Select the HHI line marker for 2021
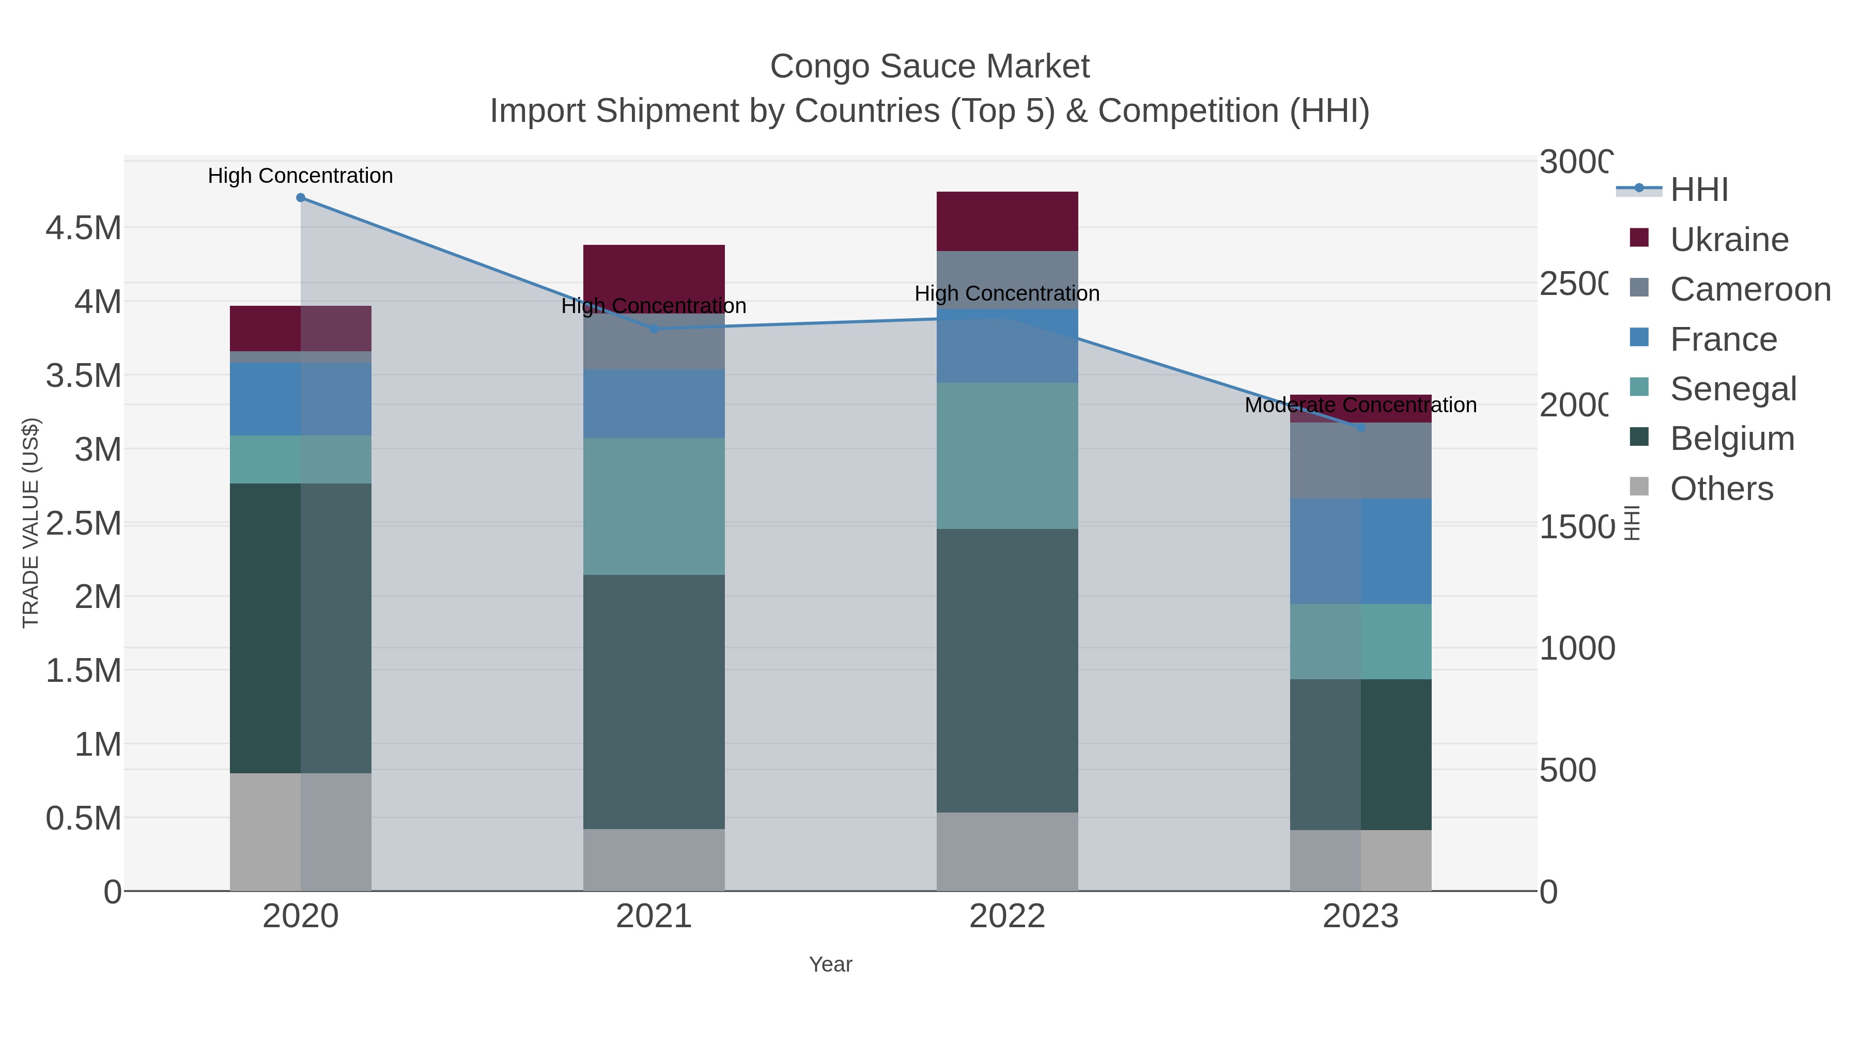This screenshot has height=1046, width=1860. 654,329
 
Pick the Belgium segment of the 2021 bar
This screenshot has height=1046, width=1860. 654,701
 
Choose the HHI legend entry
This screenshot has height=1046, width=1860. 1698,190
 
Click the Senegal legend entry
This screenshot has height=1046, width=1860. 1732,389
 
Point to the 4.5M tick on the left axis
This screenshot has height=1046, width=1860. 84,229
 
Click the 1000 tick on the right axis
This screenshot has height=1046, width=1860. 1577,648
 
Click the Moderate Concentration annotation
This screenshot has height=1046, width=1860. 1360,405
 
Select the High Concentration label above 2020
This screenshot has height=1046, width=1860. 300,176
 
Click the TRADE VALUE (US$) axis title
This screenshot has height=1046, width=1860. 30,523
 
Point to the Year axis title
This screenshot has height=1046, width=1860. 830,964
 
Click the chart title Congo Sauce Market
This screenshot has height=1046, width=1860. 929,67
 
